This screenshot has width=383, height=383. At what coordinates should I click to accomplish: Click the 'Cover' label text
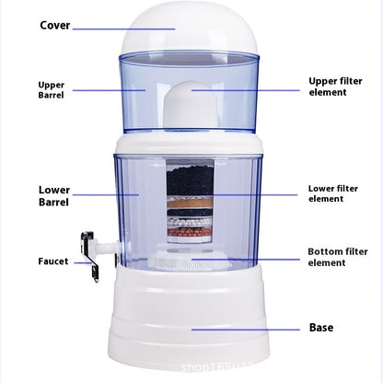[55, 25]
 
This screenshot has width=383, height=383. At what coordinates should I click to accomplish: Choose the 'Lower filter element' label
[332, 193]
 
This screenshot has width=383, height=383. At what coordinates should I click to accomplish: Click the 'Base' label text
[320, 327]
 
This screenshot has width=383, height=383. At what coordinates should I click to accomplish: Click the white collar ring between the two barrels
[191, 145]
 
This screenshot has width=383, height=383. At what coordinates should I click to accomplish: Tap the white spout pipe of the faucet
[109, 247]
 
